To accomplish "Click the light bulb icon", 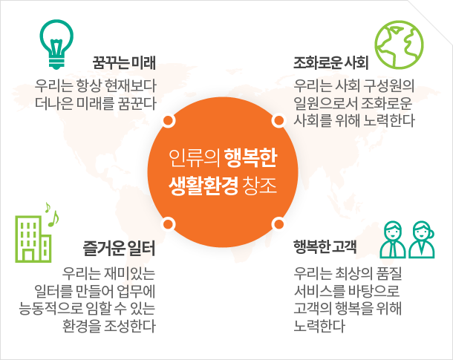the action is tap(56, 45).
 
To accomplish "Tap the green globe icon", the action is tap(399, 45).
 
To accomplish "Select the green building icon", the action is tap(33, 239).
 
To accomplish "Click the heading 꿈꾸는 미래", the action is tap(124, 62).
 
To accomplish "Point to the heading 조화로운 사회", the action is tap(330, 62).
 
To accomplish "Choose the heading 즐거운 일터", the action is tap(119, 248).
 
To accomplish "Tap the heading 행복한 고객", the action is tap(325, 247).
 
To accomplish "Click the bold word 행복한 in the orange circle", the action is tap(250, 158).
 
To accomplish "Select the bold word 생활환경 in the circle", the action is tap(203, 185).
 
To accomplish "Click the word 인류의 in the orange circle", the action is tap(195, 158).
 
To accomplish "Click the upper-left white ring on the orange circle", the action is tap(169, 121).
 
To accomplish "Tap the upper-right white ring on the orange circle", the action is tap(278, 121).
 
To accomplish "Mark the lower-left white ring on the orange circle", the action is tap(169, 224).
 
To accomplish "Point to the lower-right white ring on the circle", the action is tap(278, 224).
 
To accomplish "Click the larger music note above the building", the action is tap(53, 218).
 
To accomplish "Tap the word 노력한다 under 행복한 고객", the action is tap(319, 326).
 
